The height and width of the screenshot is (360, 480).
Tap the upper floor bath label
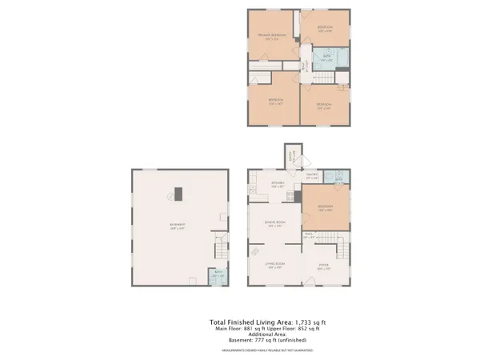click(x=326, y=57)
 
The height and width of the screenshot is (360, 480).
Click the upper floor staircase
click(x=322, y=78)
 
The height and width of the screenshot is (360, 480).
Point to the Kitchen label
click(x=278, y=184)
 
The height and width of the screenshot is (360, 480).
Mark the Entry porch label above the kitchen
click(x=291, y=156)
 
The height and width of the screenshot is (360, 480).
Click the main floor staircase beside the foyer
click(x=342, y=255)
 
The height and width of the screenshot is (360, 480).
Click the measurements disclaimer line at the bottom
click(x=263, y=350)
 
